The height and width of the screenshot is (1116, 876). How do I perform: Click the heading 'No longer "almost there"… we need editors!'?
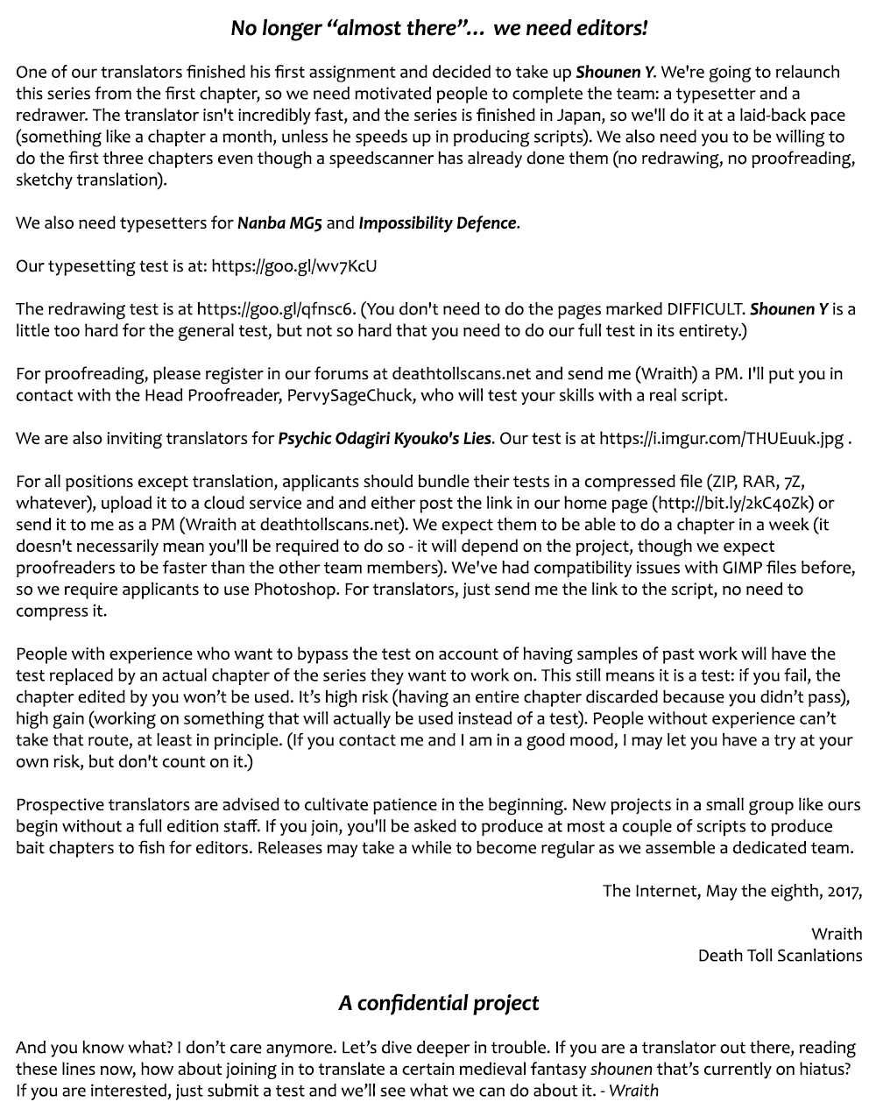coord(439,28)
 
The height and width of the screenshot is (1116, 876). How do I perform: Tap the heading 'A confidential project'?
coord(438,1003)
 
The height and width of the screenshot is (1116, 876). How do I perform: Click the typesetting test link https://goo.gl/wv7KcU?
coord(294,266)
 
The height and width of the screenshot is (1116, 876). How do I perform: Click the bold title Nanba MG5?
coord(279,223)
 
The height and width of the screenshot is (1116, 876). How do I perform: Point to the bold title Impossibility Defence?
coord(437,223)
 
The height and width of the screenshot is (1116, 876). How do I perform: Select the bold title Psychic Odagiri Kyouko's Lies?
coord(385,438)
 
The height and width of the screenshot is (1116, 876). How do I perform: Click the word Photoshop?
coord(295,589)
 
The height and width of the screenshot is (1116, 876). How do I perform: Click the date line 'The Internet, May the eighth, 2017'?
coord(731,891)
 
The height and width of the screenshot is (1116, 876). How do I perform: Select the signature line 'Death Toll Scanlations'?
coord(780,955)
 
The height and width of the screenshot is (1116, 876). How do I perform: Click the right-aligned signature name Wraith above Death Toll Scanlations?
coord(836,934)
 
